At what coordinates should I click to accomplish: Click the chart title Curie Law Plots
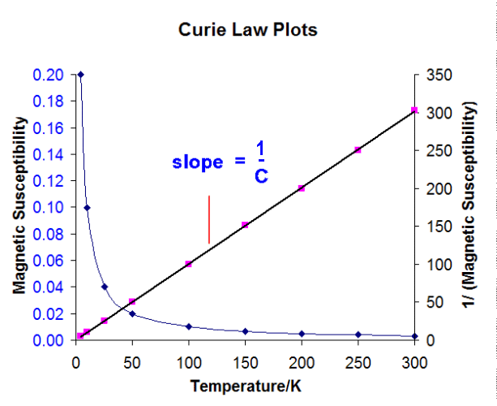247,31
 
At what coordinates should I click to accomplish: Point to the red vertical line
209,219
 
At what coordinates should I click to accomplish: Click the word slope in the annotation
197,162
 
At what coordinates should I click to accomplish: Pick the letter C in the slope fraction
260,175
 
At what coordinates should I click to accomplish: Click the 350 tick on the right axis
436,75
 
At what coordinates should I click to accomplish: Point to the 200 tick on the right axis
436,188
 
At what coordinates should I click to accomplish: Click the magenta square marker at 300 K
414,110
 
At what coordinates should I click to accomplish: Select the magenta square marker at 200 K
302,188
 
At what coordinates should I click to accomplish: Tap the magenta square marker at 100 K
189,264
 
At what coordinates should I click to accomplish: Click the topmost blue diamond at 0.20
80,75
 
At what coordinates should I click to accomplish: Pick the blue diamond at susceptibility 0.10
87,207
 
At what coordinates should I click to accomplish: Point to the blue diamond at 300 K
414,336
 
